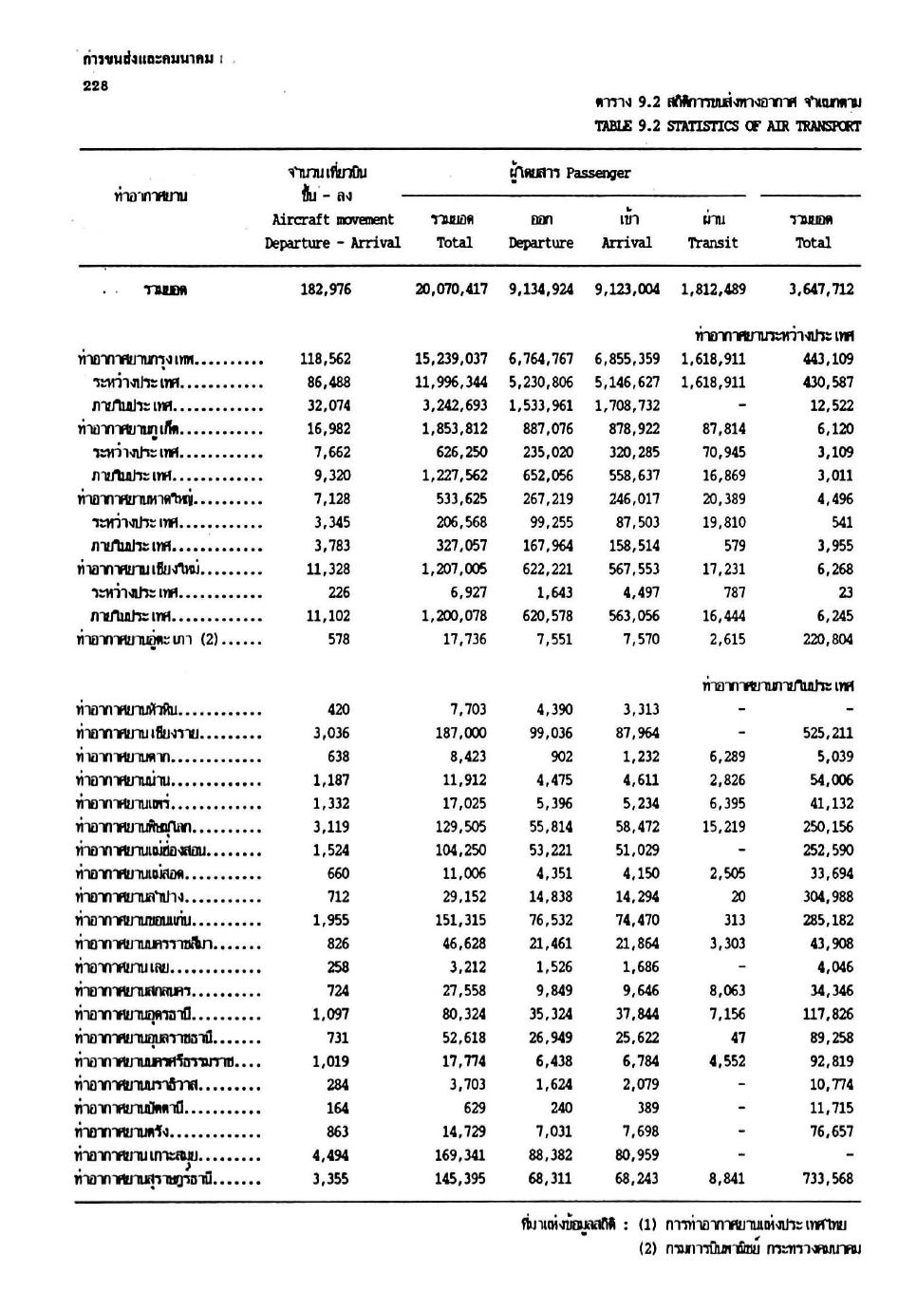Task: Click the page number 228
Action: click(x=96, y=85)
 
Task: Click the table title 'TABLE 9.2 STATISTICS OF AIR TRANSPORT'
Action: click(x=727, y=125)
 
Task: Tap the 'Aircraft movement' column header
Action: click(x=332, y=219)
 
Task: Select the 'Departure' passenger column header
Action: click(x=540, y=243)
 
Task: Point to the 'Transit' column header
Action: click(x=712, y=243)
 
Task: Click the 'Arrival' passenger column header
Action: click(x=627, y=243)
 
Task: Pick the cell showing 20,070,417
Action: click(x=452, y=290)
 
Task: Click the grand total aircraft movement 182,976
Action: click(x=326, y=290)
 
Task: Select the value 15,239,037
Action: click(x=452, y=360)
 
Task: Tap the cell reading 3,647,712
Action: click(x=821, y=290)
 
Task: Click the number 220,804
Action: click(x=827, y=640)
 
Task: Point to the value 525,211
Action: click(x=827, y=733)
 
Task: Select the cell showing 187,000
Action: click(x=462, y=733)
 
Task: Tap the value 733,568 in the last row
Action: click(x=827, y=1179)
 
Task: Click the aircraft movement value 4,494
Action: click(x=330, y=1155)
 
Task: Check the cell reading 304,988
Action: click(x=827, y=897)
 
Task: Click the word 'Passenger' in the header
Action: click(x=598, y=174)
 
